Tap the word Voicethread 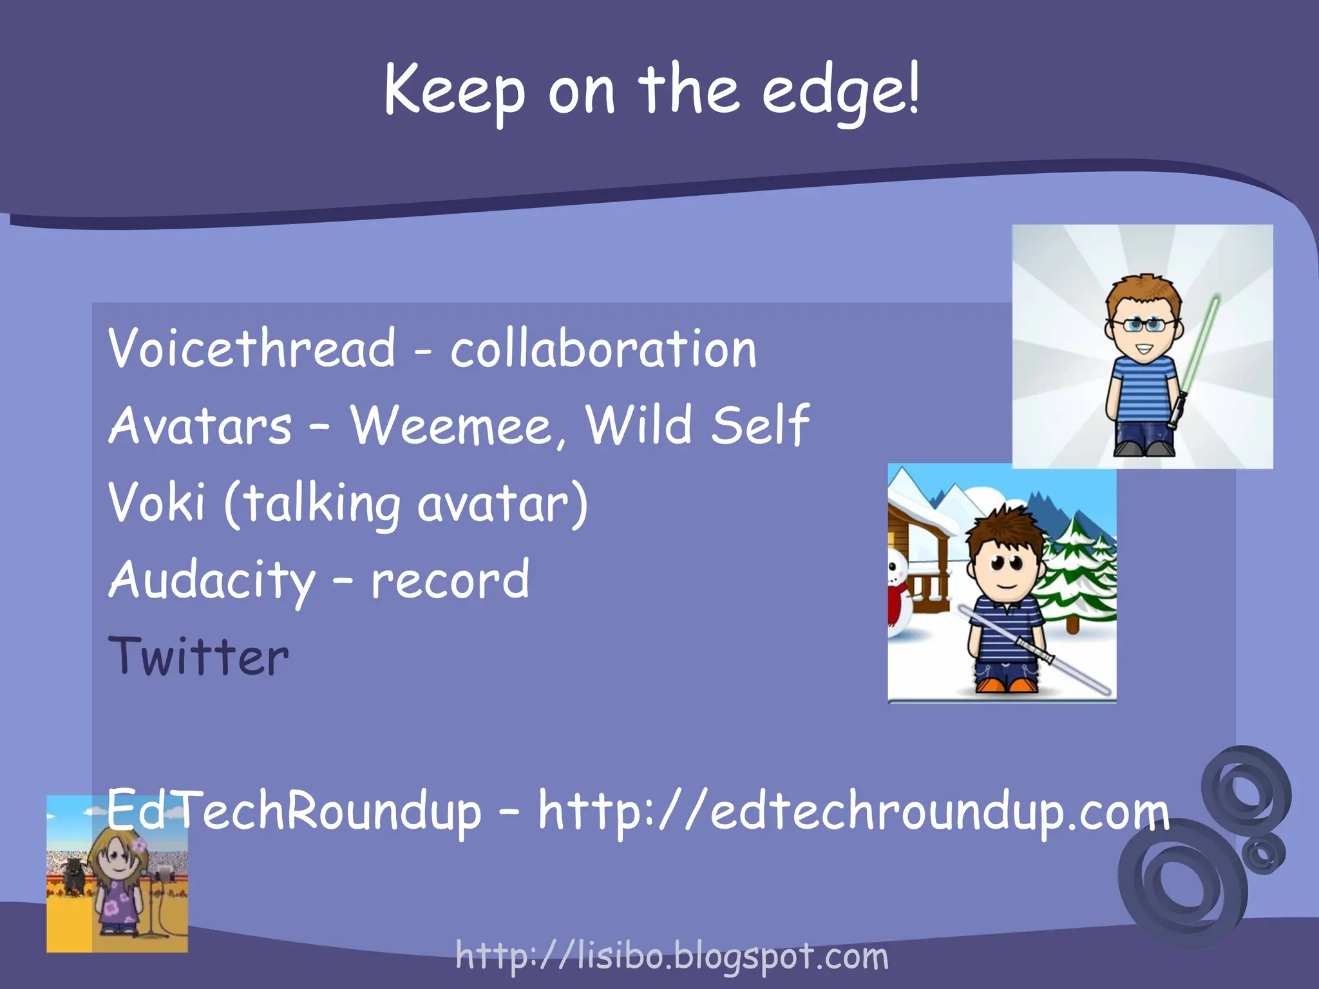(251, 348)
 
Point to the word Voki (157, 502)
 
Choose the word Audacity (211, 580)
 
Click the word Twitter (198, 657)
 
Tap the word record (450, 580)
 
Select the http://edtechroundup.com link (853, 811)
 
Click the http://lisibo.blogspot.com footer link (672, 956)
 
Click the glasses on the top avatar (1143, 325)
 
